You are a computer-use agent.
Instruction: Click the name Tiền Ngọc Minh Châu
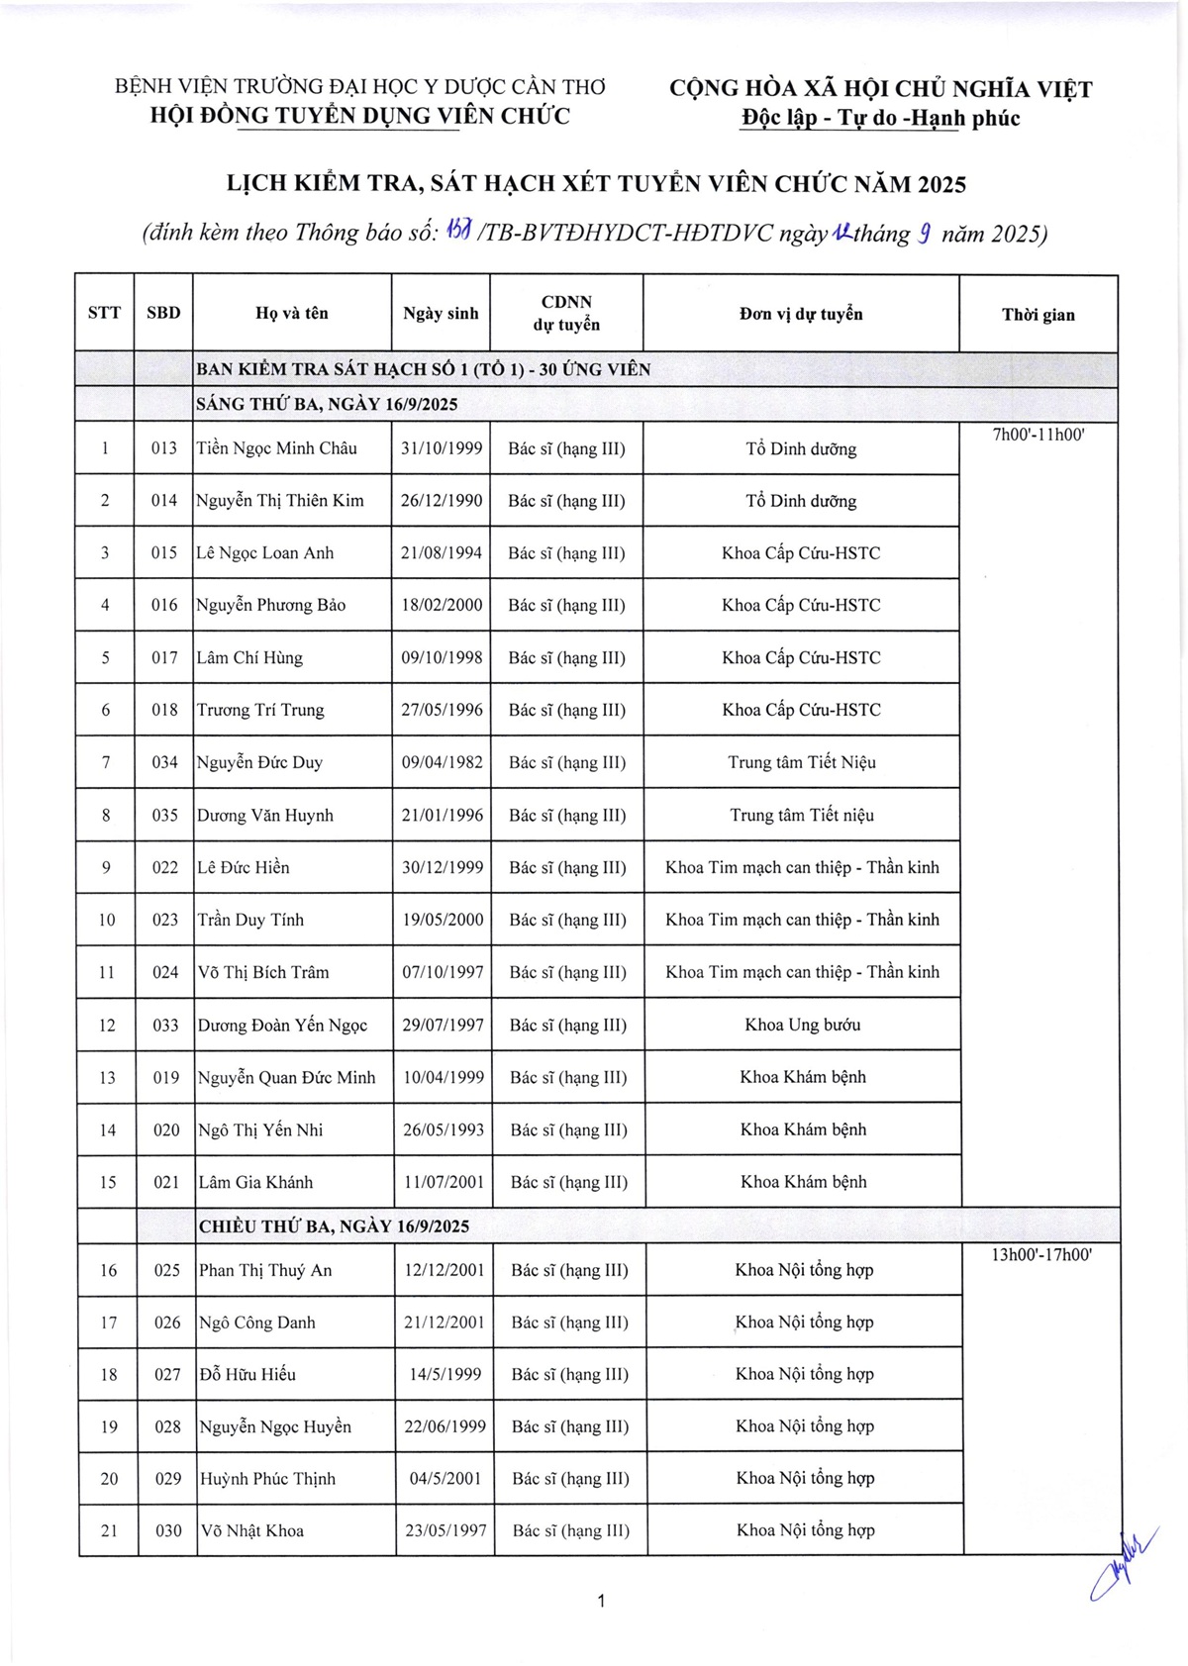(x=276, y=448)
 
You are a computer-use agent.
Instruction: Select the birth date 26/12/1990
(x=442, y=501)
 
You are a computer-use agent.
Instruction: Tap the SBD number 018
(x=164, y=710)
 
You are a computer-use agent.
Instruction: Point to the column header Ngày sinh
(x=441, y=314)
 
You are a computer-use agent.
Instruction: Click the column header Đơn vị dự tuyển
(x=801, y=314)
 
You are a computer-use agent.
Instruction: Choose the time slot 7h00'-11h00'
(x=1039, y=434)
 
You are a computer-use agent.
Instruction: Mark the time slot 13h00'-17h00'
(x=1040, y=1255)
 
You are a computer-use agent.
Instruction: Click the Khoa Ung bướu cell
(x=802, y=1025)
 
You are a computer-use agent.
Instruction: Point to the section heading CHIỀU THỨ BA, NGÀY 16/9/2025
(x=334, y=1226)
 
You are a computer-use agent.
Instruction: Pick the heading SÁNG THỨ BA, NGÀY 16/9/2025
(x=327, y=405)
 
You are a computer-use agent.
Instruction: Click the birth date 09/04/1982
(x=443, y=762)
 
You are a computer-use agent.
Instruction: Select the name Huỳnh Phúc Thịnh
(x=267, y=1479)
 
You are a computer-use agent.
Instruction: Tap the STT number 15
(x=107, y=1182)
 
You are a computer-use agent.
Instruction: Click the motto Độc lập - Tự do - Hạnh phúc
(x=880, y=119)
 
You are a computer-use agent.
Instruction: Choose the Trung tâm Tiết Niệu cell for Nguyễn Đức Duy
(x=802, y=762)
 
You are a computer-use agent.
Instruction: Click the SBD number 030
(x=168, y=1530)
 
